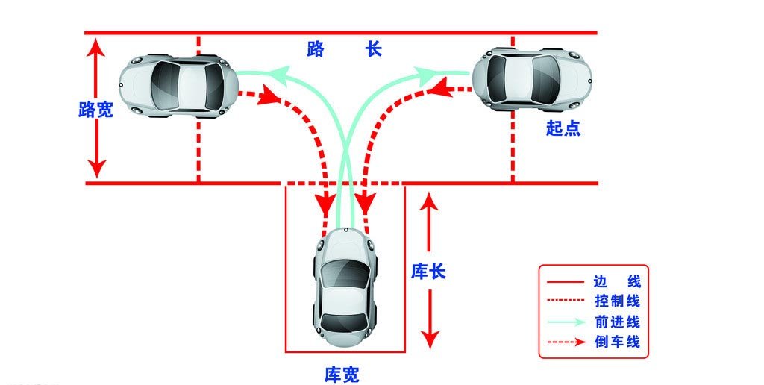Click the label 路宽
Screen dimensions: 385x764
(95, 110)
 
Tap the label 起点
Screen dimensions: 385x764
(563, 128)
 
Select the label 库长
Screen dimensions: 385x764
(428, 271)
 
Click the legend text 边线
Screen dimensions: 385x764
(617, 282)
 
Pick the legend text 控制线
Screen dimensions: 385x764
(617, 301)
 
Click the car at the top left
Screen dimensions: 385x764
(179, 84)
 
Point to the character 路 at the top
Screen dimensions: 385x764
(316, 50)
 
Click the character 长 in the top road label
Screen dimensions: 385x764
(374, 50)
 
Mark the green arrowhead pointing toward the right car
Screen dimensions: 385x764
(428, 73)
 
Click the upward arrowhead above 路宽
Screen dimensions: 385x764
(95, 46)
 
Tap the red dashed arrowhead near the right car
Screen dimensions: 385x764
(439, 90)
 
